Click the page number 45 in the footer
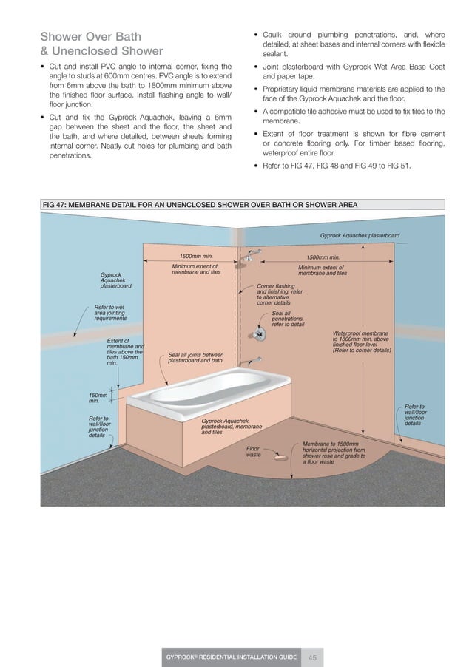[313, 657]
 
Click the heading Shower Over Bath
[90, 36]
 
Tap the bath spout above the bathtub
[255, 361]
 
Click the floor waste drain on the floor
[281, 458]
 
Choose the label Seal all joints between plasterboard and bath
[195, 357]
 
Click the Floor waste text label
[253, 451]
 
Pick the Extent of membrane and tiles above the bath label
[124, 352]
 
